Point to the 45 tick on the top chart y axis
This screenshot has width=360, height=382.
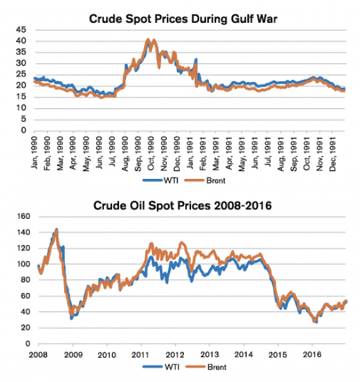[x=22, y=30]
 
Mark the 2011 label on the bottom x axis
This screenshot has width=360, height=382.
[x=141, y=354]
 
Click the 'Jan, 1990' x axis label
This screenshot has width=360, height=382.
[x=35, y=155]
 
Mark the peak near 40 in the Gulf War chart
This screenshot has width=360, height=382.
[x=149, y=40]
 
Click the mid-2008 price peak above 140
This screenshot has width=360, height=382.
[x=56, y=229]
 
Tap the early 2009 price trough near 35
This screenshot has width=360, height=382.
[x=71, y=318]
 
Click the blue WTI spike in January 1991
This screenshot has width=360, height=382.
[x=196, y=60]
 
